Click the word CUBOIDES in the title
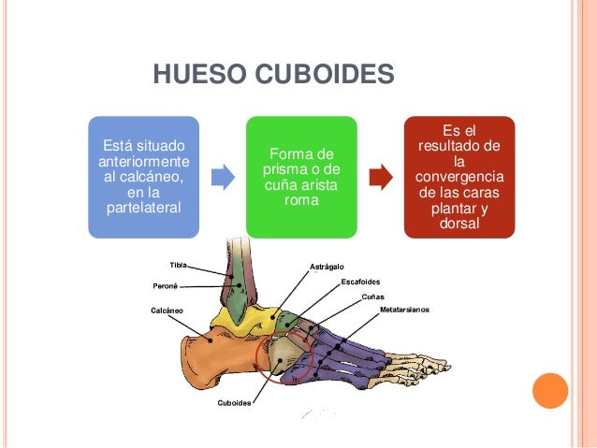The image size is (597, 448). (x=325, y=74)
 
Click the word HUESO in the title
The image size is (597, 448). (x=199, y=74)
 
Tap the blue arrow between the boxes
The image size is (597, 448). (x=223, y=177)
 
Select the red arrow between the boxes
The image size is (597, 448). (x=381, y=177)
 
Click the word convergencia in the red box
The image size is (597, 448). (x=459, y=177)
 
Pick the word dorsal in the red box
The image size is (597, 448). (x=459, y=223)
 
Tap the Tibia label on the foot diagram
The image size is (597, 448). (x=178, y=265)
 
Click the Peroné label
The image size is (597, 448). (x=166, y=286)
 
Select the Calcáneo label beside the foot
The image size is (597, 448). (x=167, y=311)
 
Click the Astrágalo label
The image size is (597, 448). (x=327, y=267)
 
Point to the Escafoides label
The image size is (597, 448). (x=360, y=282)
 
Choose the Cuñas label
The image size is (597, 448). (x=372, y=296)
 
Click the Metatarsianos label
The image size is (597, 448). (x=405, y=310)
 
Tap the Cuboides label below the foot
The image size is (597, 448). (x=234, y=403)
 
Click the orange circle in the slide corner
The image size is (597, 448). (x=550, y=391)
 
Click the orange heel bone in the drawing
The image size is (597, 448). (x=213, y=358)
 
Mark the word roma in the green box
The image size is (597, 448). (x=301, y=200)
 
